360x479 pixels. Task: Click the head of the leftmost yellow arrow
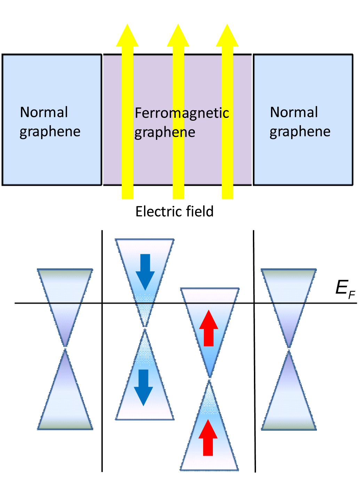(127, 37)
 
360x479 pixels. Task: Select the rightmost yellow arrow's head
(227, 37)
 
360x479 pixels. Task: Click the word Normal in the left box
(44, 112)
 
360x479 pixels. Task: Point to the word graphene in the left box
(50, 132)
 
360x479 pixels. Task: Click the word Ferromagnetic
(182, 113)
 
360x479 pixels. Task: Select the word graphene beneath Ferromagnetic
(165, 133)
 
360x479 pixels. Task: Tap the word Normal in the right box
(294, 112)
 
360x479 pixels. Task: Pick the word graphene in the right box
(300, 132)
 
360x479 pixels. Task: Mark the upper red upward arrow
(209, 328)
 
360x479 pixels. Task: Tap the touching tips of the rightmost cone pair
(289, 349)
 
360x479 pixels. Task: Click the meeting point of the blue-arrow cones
(144, 328)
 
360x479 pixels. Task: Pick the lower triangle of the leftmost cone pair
(65, 400)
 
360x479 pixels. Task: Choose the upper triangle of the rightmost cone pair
(289, 296)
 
